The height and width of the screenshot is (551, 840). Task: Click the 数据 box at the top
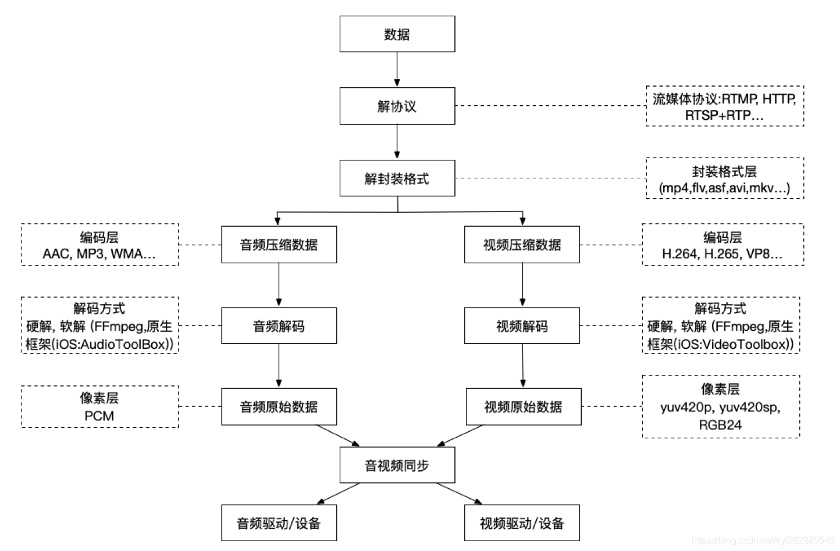(x=397, y=34)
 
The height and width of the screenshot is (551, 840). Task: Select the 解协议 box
(x=397, y=106)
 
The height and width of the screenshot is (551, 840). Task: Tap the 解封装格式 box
(x=397, y=178)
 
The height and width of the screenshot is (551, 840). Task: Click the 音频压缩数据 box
(x=279, y=245)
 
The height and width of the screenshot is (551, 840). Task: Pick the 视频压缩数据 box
(x=522, y=245)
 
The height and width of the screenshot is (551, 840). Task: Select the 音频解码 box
(x=279, y=326)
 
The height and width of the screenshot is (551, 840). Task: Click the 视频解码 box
(x=522, y=326)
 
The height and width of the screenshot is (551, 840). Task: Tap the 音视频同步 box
(x=397, y=466)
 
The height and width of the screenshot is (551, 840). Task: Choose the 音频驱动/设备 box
(x=279, y=523)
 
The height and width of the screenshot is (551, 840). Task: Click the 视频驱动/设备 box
(x=522, y=523)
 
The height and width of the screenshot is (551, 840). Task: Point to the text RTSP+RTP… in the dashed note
(x=724, y=115)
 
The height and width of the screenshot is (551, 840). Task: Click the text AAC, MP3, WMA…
(x=99, y=254)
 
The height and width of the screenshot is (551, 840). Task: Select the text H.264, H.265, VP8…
(x=722, y=254)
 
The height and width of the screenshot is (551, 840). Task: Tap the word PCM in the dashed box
(x=99, y=416)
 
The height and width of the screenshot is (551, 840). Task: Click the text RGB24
(x=720, y=425)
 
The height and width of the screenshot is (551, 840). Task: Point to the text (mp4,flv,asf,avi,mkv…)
(x=724, y=188)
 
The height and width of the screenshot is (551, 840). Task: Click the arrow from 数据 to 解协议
(x=397, y=70)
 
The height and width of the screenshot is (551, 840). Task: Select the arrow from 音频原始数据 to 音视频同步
(x=337, y=435)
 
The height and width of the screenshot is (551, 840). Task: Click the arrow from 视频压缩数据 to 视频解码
(x=522, y=285)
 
